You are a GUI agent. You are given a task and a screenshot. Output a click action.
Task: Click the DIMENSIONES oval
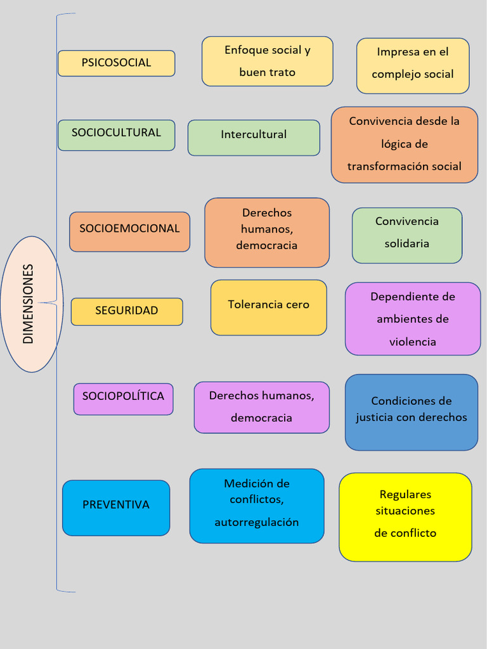point(32,304)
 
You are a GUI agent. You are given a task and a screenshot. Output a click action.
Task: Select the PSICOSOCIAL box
point(116,63)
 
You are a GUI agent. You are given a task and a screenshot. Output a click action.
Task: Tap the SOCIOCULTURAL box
point(116,134)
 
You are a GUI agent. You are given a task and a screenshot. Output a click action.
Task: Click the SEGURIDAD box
point(127,311)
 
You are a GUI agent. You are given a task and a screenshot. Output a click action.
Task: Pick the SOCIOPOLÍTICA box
point(123,399)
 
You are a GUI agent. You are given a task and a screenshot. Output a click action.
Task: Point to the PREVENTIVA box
point(116,507)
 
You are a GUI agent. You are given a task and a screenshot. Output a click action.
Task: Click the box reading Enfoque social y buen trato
point(267,61)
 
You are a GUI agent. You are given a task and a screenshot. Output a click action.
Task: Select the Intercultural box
point(254,137)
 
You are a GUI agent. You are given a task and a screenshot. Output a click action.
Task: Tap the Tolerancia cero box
point(268,307)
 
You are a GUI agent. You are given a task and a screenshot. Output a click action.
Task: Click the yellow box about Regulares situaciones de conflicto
point(405,517)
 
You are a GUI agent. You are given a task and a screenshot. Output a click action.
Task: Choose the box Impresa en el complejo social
point(412,65)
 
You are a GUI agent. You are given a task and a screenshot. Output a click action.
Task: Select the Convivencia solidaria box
point(406,235)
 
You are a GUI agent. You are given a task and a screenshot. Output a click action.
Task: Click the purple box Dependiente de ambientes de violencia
point(412,318)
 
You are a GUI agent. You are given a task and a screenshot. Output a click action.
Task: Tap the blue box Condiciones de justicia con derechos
point(411,412)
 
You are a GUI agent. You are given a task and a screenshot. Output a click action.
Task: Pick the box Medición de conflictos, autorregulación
point(256,505)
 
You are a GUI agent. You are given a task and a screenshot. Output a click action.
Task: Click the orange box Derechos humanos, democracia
point(266,232)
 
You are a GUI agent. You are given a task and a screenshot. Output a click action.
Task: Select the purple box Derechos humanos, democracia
point(261,407)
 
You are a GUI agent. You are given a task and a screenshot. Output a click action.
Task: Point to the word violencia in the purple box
point(412,342)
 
